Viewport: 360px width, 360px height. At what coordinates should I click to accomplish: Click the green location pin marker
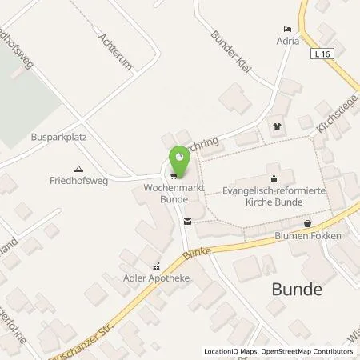179,161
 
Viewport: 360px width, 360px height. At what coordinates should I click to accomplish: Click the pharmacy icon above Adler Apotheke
157,268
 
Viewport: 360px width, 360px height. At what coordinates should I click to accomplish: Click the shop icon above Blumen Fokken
306,223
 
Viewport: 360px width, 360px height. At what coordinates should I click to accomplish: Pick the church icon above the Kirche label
274,178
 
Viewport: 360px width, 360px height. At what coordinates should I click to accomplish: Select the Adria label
288,39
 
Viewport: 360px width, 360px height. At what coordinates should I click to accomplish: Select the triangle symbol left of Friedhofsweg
78,169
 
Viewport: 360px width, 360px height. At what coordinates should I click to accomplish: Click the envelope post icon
187,221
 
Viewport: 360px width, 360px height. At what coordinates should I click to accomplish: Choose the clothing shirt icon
278,126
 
